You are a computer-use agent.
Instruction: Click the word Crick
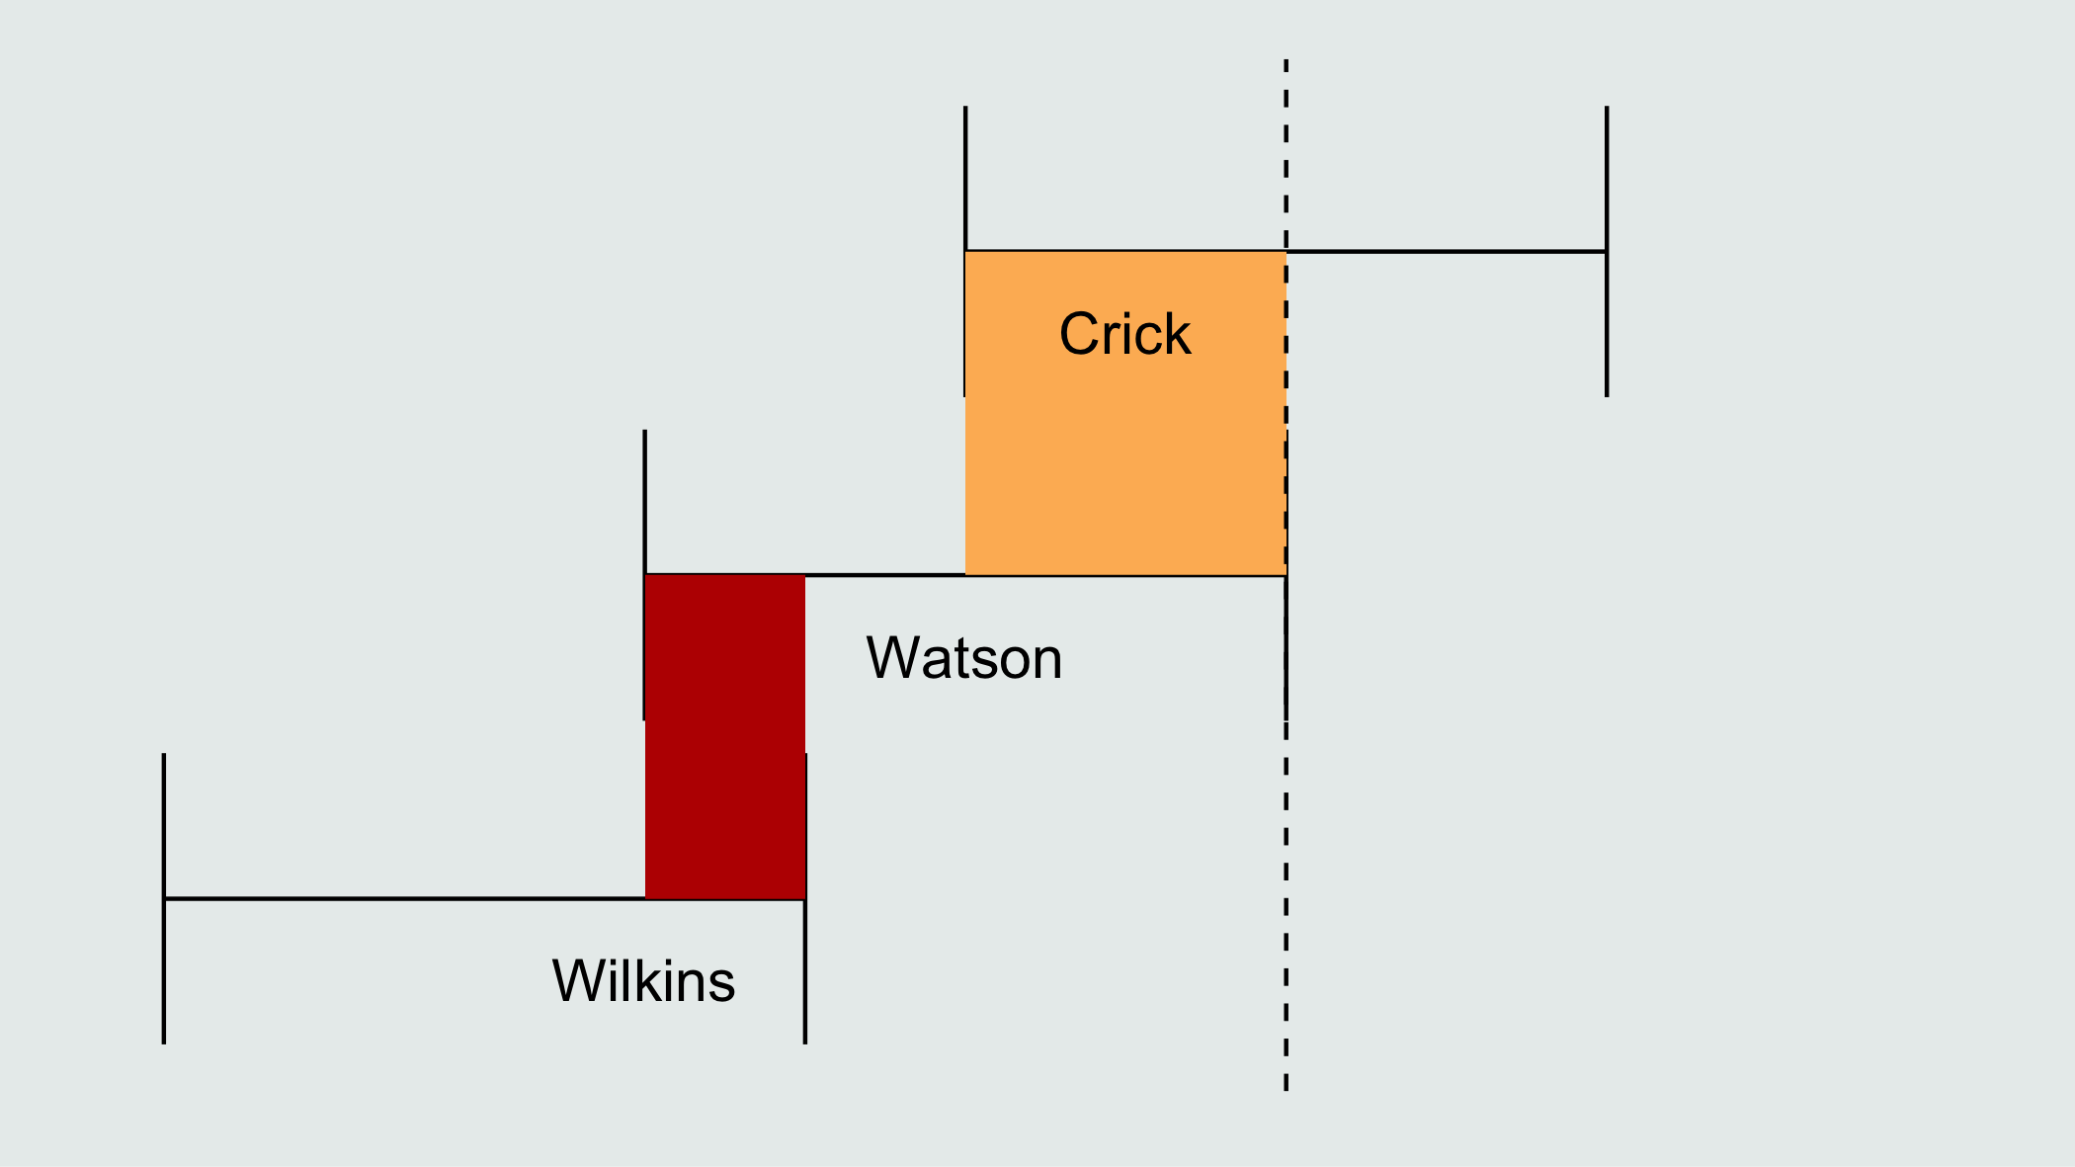[1124, 334]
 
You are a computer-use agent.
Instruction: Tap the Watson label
[964, 658]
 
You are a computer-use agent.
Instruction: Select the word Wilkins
[643, 981]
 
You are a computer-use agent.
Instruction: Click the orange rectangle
[1125, 413]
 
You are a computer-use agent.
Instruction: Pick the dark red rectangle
[725, 736]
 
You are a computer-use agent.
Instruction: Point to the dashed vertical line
[1286, 575]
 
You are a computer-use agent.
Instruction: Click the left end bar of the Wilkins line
[164, 898]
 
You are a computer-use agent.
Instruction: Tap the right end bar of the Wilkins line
[805, 898]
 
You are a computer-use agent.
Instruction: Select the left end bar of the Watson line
[644, 575]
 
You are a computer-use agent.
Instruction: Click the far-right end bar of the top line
[1607, 252]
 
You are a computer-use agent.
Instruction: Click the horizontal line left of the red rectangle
[404, 898]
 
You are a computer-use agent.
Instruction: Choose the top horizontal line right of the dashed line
[1447, 252]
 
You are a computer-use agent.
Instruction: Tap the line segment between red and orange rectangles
[885, 574]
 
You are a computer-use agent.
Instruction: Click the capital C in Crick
[1077, 334]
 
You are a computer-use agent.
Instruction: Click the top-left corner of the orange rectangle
[965, 252]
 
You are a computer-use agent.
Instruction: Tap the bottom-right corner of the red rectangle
[805, 898]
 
